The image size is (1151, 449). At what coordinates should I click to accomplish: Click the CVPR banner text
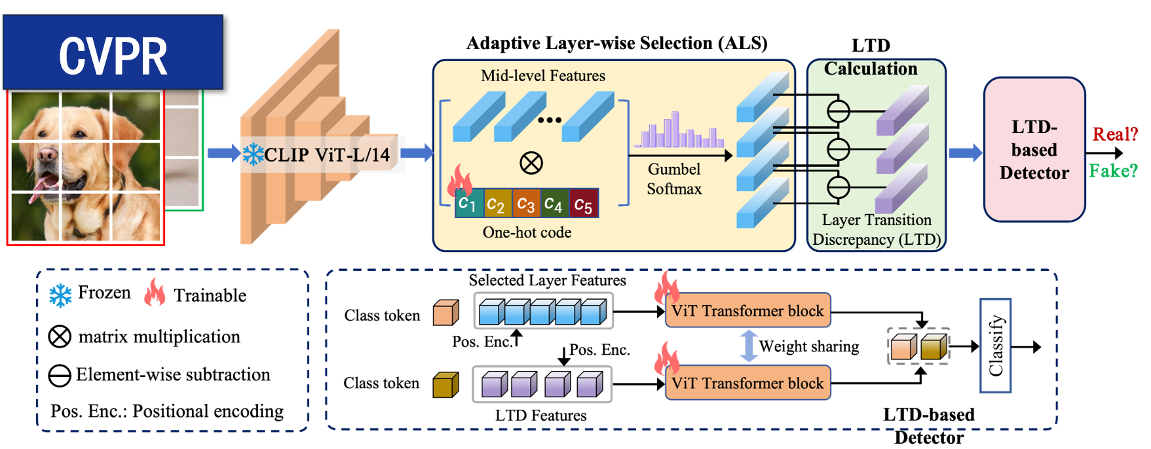point(113,56)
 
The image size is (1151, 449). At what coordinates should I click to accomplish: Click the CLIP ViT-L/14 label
point(327,155)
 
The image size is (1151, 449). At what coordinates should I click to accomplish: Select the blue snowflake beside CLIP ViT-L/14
point(253,154)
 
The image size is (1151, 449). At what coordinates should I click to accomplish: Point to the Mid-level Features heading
point(542,76)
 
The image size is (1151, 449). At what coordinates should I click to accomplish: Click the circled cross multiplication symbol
point(531,162)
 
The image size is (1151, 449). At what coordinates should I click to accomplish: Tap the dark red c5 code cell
point(583,204)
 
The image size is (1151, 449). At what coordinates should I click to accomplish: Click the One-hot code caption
point(527,232)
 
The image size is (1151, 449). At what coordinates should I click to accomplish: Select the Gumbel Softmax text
point(674,179)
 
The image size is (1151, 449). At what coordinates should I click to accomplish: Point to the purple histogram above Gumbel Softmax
point(679,132)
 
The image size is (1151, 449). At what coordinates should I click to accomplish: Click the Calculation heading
point(871,69)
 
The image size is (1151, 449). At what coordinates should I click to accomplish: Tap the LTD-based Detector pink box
point(1034,150)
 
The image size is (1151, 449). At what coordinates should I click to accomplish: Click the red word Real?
point(1114,134)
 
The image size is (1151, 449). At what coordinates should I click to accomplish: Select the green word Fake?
point(1113,171)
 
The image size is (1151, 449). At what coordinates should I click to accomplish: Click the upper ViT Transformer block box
point(747,310)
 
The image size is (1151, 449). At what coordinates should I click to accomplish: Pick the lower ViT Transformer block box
point(747,383)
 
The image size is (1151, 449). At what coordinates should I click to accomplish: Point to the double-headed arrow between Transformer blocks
point(749,346)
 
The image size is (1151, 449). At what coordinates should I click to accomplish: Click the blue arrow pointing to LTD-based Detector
point(965,153)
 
